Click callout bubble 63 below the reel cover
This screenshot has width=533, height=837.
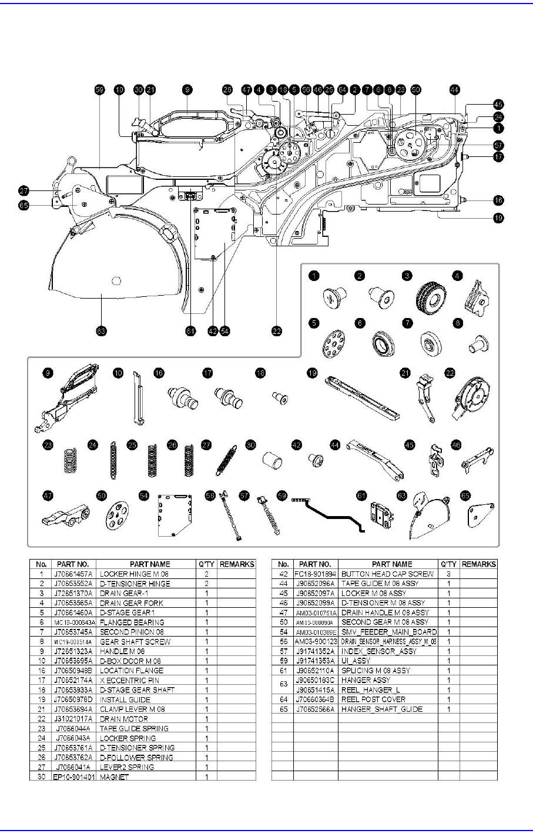[x=100, y=332]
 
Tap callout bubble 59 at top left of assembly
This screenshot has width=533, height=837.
[x=99, y=90]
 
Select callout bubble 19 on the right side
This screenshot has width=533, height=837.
[x=498, y=217]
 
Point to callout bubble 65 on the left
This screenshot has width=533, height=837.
[x=24, y=205]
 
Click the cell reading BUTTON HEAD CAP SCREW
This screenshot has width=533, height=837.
[x=387, y=574]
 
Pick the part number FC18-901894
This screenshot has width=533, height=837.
[x=316, y=574]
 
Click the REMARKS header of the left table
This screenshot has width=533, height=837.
[x=236, y=564]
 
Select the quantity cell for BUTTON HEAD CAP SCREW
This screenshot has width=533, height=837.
[x=448, y=574]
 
